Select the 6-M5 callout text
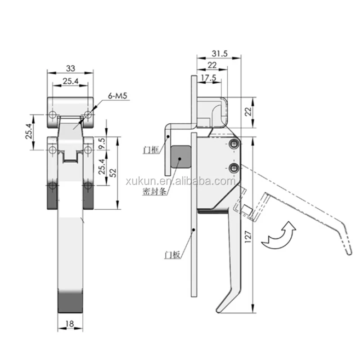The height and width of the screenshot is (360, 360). click(x=117, y=95)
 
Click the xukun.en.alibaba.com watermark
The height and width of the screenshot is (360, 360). click(x=180, y=181)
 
